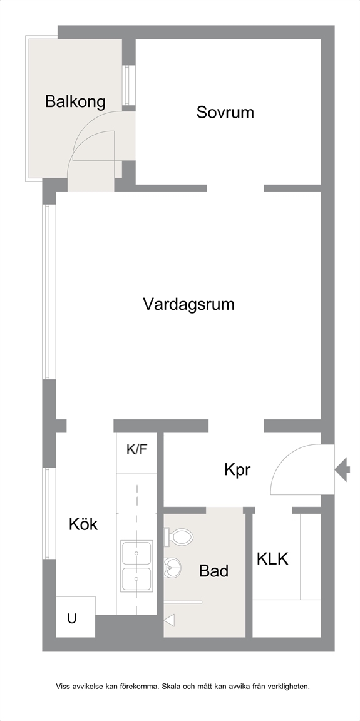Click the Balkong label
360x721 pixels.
75,101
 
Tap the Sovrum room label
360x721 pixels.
225,112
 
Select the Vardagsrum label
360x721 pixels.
188,304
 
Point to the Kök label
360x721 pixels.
83,524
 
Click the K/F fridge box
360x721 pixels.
136,453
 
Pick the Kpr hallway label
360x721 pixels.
237,471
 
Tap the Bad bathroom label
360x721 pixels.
213,571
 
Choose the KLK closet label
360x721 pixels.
272,559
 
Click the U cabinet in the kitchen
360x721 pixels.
75,617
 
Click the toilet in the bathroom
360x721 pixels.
178,536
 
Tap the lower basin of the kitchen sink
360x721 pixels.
136,579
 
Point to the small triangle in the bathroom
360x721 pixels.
169,620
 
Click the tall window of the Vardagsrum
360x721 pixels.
49,292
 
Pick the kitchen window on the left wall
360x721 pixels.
49,513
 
